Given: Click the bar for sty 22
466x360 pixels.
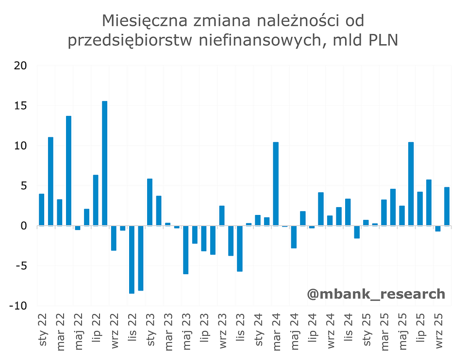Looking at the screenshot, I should click(42, 210).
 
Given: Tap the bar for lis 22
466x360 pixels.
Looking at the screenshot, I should click(132, 260).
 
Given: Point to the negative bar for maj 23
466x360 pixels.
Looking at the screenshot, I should click(185, 250).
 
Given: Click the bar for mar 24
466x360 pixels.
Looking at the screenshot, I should click(276, 184).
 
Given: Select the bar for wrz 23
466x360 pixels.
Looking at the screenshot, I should click(222, 216).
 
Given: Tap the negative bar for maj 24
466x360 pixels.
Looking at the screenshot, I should click(294, 237).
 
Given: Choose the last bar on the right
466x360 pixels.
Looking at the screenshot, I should click(447, 206).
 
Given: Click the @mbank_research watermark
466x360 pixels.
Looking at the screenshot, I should click(376, 294).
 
